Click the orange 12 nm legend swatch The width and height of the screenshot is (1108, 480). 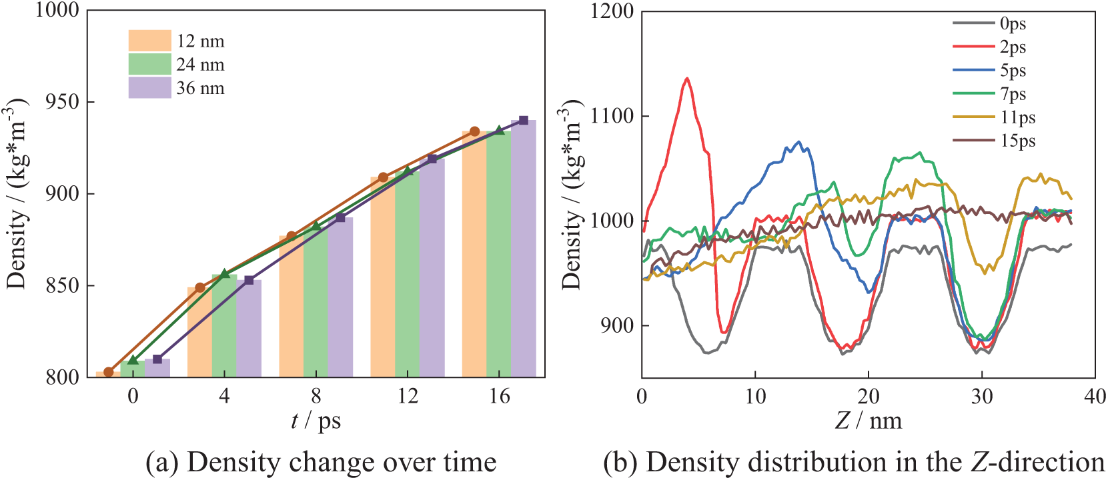149,41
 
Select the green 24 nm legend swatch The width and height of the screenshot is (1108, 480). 149,64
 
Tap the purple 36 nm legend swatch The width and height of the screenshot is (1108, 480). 149,87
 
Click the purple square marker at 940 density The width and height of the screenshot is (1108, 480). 524,121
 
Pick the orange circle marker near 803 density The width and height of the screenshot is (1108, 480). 109,372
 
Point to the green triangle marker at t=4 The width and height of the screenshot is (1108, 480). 225,273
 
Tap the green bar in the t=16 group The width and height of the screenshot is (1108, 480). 499,253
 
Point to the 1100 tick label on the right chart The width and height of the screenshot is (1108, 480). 612,116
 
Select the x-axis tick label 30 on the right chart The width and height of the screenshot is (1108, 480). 982,397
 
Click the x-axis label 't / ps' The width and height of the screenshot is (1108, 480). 316,421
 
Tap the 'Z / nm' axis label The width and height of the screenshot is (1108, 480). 869,421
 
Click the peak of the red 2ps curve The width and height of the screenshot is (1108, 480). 687,78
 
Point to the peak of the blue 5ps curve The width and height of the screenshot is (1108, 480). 799,141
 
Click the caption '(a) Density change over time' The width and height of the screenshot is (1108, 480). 322,462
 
